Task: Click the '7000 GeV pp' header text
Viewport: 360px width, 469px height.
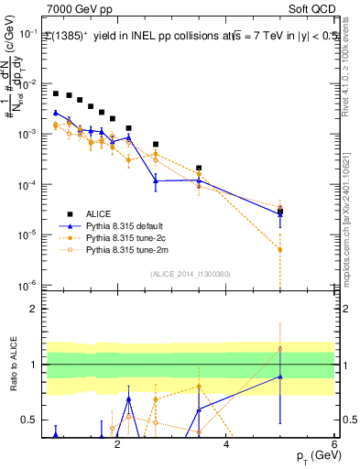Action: click(x=76, y=7)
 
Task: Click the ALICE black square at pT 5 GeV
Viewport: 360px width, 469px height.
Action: click(x=280, y=212)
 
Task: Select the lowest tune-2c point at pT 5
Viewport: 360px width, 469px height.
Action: click(x=280, y=249)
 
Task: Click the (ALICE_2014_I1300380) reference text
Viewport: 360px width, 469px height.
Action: click(x=189, y=275)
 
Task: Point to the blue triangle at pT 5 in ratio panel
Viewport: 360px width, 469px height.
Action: click(x=280, y=376)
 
